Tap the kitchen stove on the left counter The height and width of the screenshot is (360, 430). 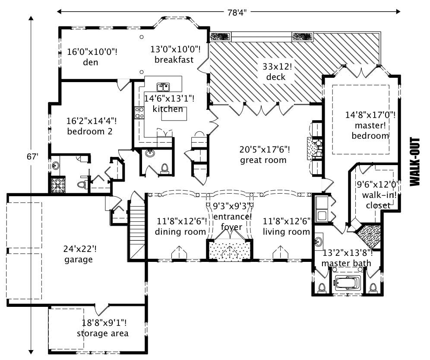(x=139, y=113)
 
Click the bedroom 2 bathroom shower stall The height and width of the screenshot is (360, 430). (x=57, y=185)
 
